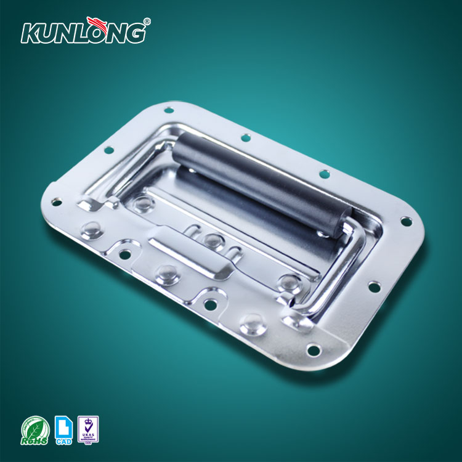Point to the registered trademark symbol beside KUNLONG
147,22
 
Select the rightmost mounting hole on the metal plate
405,220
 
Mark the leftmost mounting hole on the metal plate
56,201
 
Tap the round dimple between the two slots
213,240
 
